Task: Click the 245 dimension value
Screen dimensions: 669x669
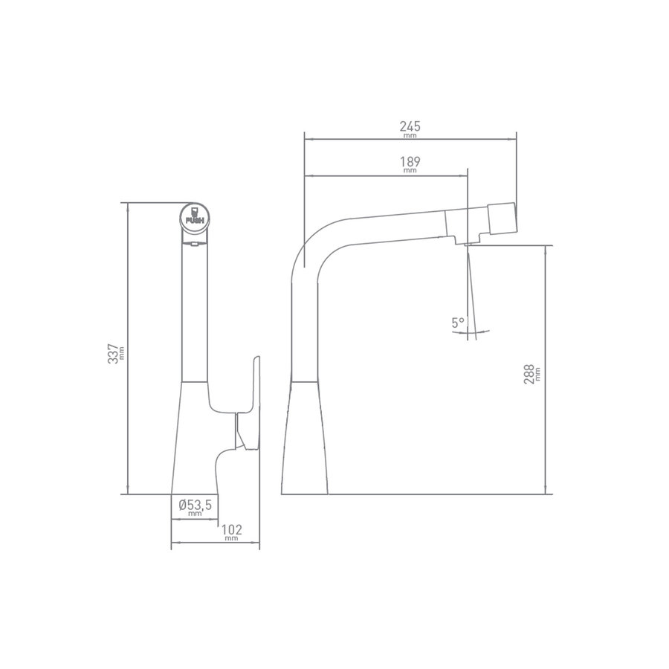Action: (x=410, y=127)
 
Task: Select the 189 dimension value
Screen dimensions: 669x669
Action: (x=410, y=162)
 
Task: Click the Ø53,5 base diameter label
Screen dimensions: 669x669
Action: (x=195, y=505)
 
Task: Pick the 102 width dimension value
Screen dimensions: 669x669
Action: (x=233, y=529)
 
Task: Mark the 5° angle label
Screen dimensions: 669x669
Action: (x=457, y=323)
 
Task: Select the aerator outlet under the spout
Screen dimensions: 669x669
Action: (x=468, y=244)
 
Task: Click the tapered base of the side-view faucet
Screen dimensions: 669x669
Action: (x=306, y=439)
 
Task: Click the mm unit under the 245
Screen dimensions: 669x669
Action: (x=410, y=137)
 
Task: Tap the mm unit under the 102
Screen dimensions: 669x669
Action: (x=233, y=539)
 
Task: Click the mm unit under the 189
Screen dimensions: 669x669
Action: (x=410, y=171)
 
